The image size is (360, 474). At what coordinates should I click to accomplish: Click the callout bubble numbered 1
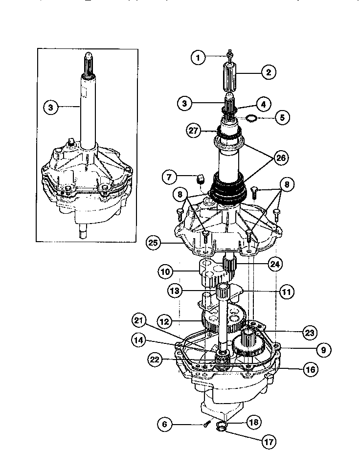[x=198, y=58]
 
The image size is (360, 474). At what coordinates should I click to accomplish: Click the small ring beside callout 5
[x=251, y=118]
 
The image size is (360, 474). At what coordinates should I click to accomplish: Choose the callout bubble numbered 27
[x=193, y=131]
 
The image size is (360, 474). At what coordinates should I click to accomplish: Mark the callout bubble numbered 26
[x=281, y=158]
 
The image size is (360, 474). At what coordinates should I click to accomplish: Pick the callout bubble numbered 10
[x=165, y=270]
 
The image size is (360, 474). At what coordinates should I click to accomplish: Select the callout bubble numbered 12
[x=165, y=321]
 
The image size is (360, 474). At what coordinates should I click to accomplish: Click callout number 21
[x=138, y=320]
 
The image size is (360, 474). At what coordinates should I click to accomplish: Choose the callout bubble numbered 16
[x=309, y=369]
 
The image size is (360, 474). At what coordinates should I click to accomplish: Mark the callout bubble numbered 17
[x=268, y=443]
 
